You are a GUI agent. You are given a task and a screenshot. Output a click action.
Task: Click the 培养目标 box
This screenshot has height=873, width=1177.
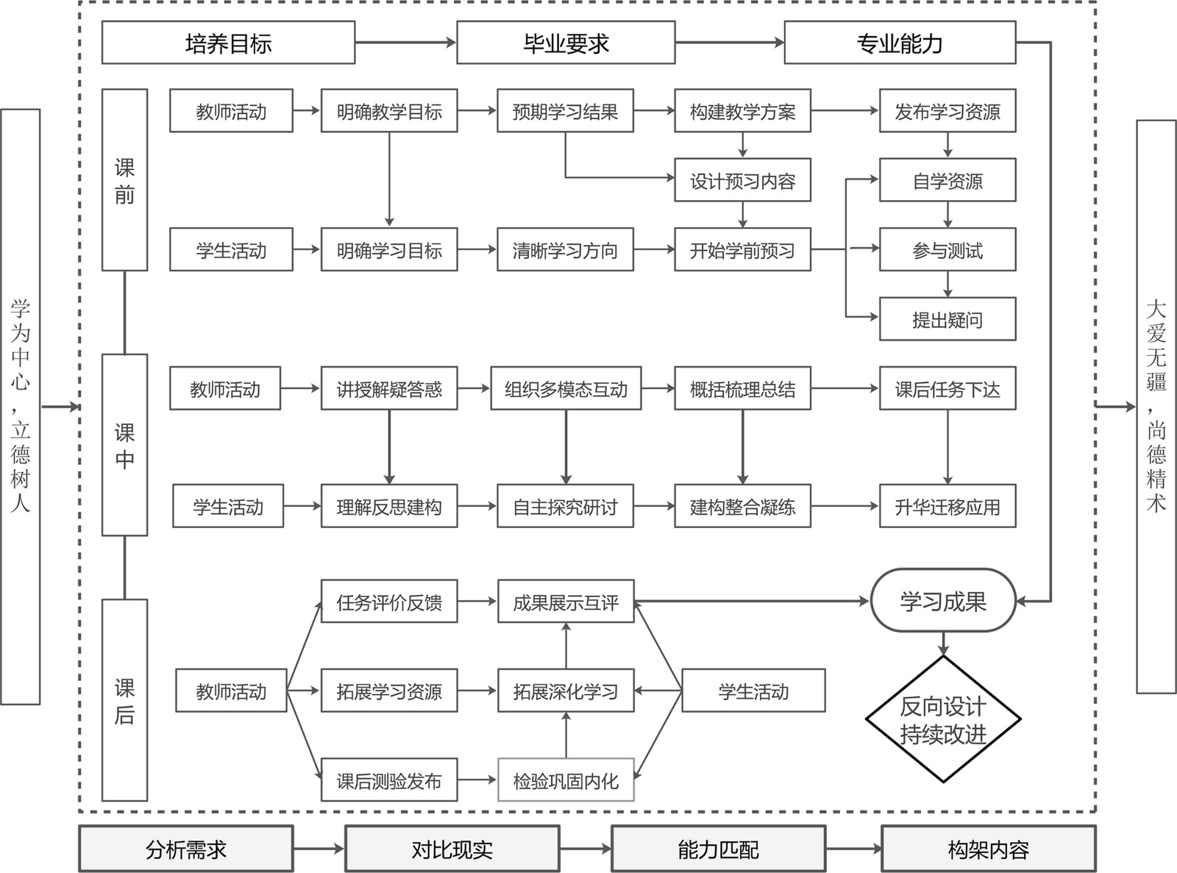(228, 43)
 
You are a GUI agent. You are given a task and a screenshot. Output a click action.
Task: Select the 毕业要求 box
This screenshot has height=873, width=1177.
(566, 43)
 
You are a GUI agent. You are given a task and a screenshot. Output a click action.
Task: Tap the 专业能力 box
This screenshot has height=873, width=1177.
(900, 43)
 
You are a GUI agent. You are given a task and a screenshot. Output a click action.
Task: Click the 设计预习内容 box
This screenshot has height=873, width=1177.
(742, 180)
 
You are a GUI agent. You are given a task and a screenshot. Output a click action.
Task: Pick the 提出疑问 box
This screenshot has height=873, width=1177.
(947, 319)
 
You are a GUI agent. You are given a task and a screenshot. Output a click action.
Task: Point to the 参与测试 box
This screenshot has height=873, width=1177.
(947, 250)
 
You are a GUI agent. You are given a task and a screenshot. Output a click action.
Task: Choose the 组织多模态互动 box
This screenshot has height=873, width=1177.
(566, 388)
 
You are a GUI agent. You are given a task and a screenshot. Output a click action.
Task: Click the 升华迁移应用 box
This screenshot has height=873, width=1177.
(947, 506)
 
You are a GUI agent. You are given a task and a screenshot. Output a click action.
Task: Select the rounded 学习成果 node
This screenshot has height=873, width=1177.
(943, 601)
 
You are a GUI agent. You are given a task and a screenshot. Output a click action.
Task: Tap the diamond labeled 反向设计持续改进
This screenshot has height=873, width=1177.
(943, 719)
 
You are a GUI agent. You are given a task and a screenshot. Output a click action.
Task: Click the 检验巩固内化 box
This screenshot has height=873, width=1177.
(566, 780)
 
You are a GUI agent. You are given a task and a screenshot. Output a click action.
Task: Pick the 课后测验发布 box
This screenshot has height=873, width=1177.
(389, 780)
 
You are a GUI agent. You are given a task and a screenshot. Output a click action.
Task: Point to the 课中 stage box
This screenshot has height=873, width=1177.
(124, 445)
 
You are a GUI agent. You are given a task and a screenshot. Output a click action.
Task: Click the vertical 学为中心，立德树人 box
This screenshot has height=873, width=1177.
(21, 407)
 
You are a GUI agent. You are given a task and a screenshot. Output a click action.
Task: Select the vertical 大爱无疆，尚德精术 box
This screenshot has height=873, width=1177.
(1156, 407)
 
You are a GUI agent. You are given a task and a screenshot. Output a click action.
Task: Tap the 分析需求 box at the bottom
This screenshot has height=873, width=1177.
(185, 849)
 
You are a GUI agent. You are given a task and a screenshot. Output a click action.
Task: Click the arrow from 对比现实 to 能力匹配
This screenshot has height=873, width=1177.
(585, 849)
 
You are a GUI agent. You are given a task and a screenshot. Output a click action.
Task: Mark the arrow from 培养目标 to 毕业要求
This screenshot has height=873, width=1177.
(405, 43)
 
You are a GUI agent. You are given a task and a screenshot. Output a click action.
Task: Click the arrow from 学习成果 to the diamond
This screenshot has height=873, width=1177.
(943, 644)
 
